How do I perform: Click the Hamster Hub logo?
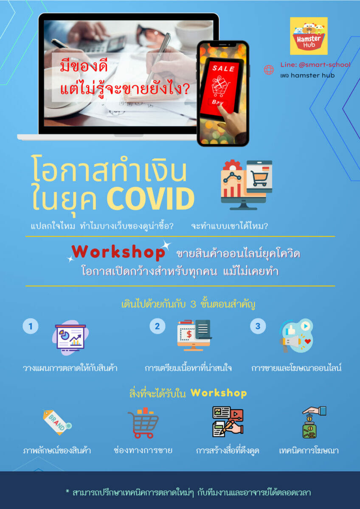tap(309, 36)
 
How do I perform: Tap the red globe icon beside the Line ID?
tap(269, 70)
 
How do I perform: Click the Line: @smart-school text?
tap(315, 65)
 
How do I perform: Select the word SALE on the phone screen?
tap(223, 68)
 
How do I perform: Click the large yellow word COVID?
tap(151, 199)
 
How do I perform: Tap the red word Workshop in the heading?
tap(118, 252)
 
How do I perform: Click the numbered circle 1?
tap(31, 326)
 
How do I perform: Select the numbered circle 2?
tap(157, 326)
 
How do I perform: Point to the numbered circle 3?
tap(258, 326)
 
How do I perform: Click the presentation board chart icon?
tap(70, 338)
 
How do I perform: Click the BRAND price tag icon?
tap(57, 422)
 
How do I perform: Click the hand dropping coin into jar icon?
tap(314, 422)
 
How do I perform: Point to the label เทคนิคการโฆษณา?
tap(309, 450)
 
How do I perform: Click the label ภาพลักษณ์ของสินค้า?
tap(57, 450)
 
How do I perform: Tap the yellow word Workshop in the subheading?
tap(219, 393)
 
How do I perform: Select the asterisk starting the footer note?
tap(67, 492)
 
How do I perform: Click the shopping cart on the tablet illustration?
tap(259, 178)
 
